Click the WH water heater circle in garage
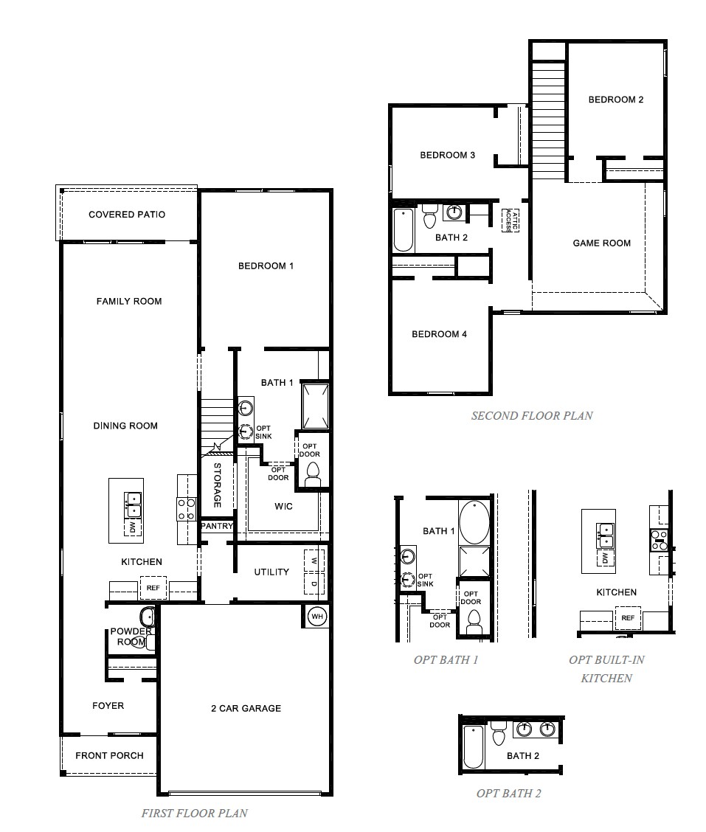[316, 616]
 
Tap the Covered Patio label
[127, 215]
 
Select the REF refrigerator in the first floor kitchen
[153, 588]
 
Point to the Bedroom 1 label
[266, 266]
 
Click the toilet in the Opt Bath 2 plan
[499, 734]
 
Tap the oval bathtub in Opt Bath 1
[474, 522]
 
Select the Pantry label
[218, 527]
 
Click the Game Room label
[602, 243]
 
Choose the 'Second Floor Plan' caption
[532, 415]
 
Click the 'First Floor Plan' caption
[194, 813]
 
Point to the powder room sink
[146, 616]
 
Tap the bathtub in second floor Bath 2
[403, 229]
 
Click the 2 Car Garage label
[246, 708]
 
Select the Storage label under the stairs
[218, 485]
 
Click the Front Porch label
[109, 755]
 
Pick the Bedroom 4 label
[439, 334]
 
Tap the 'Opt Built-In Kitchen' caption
[606, 668]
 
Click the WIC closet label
[283, 506]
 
